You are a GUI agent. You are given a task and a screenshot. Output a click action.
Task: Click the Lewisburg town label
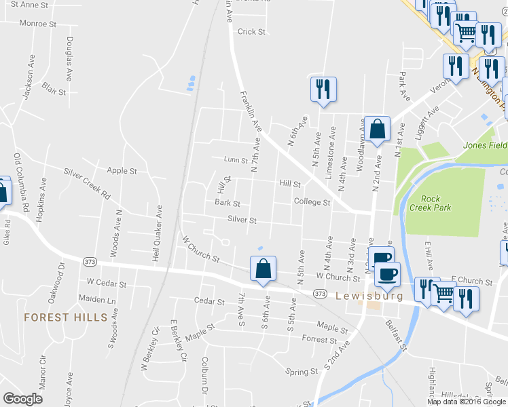(369, 296)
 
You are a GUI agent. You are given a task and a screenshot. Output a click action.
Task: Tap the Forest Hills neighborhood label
(65, 317)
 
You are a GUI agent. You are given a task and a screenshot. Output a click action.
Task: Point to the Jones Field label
(485, 145)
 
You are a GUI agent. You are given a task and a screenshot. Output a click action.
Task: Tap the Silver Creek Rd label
(87, 183)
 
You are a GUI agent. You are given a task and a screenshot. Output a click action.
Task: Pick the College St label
(312, 202)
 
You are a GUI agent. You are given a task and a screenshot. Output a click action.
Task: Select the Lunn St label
(235, 160)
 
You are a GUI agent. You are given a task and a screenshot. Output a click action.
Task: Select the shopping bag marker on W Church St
(263, 269)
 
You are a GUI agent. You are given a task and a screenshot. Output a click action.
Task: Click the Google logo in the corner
(22, 398)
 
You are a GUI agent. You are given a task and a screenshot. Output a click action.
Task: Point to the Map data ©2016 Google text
(467, 401)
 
